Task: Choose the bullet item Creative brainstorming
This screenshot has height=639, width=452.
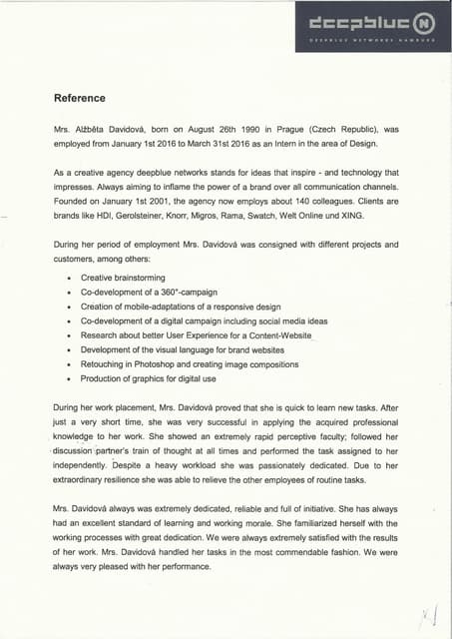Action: coord(123,277)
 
